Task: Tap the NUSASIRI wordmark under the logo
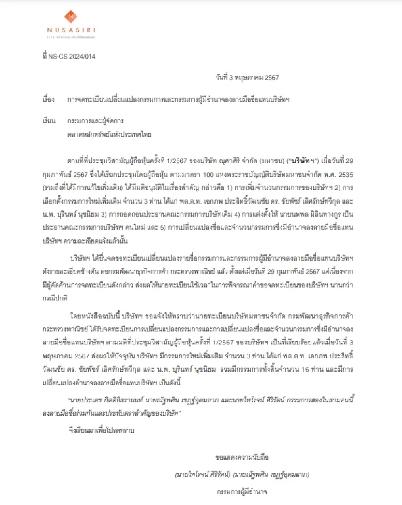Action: pyautogui.click(x=71, y=31)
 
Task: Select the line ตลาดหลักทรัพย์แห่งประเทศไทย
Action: pyautogui.click(x=109, y=135)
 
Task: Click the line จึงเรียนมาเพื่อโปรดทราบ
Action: pyautogui.click(x=102, y=429)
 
